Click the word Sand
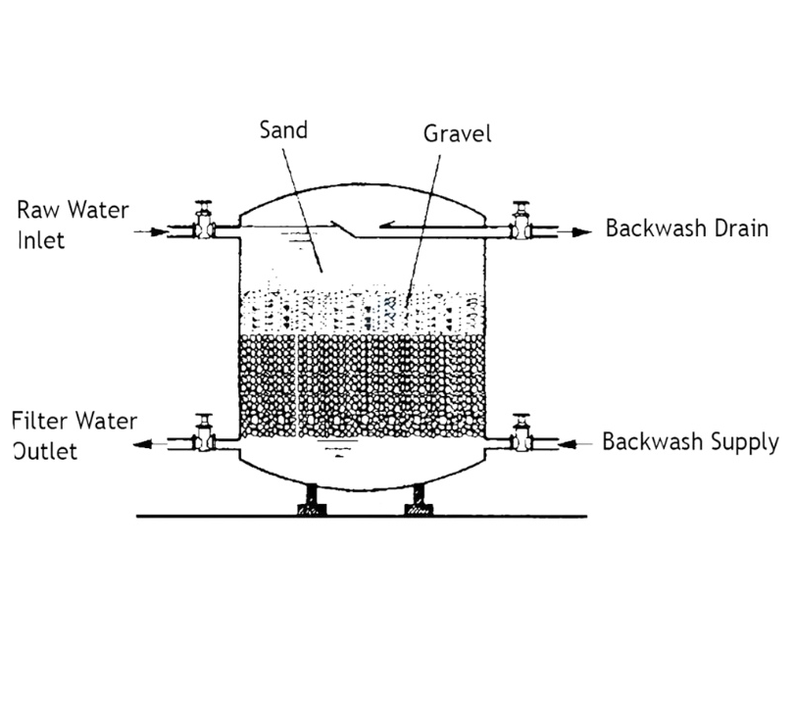coord(283,129)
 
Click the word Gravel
coord(457,133)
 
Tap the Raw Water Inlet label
coord(73,225)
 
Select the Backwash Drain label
coord(687,227)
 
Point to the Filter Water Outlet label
coord(74,435)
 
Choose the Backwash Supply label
coord(690,441)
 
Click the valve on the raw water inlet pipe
coord(204,220)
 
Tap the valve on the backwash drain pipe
coord(521,221)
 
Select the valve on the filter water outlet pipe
coord(204,432)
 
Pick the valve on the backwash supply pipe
coord(521,433)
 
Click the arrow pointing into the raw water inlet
coord(150,232)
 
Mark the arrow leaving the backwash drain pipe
coord(574,232)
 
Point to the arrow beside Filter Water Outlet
coord(150,444)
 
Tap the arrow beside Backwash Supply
coord(574,444)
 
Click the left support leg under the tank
coord(312,499)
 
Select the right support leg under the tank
coord(419,499)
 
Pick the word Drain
coord(741,227)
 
